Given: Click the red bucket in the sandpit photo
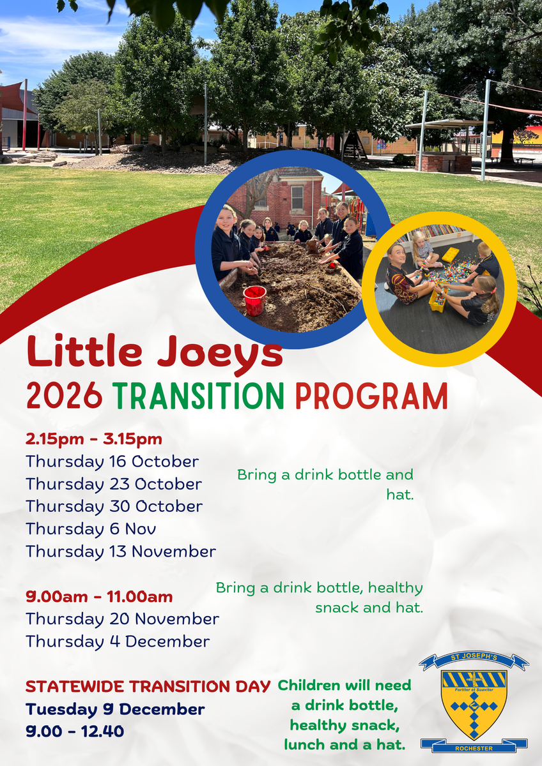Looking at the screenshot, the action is coord(254,300).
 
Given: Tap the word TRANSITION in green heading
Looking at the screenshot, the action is coord(200,396).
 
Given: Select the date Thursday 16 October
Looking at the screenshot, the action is coord(112,462).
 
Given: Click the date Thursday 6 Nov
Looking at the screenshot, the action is coord(91,529).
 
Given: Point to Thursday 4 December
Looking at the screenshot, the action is coord(118,642).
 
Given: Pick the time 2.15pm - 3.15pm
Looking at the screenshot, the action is coord(94,439).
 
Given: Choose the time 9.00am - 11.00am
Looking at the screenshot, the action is coord(99,597).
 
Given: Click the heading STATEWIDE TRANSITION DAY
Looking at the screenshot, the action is coord(148,686).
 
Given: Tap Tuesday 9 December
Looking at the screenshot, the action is coord(116,709).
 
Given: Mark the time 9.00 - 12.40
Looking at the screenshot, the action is coord(75,731).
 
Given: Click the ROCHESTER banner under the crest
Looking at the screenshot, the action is coord(474,748).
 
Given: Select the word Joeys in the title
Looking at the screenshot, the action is coord(220,354).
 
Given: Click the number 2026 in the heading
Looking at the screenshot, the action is coord(65,396).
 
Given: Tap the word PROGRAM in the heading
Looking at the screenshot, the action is coord(372,396).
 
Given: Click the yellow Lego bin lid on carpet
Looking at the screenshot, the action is coord(450,255).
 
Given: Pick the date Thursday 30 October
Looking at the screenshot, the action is coord(114,507).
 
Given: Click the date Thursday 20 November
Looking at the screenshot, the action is coord(123,619).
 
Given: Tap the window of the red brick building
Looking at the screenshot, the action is coord(297,198).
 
